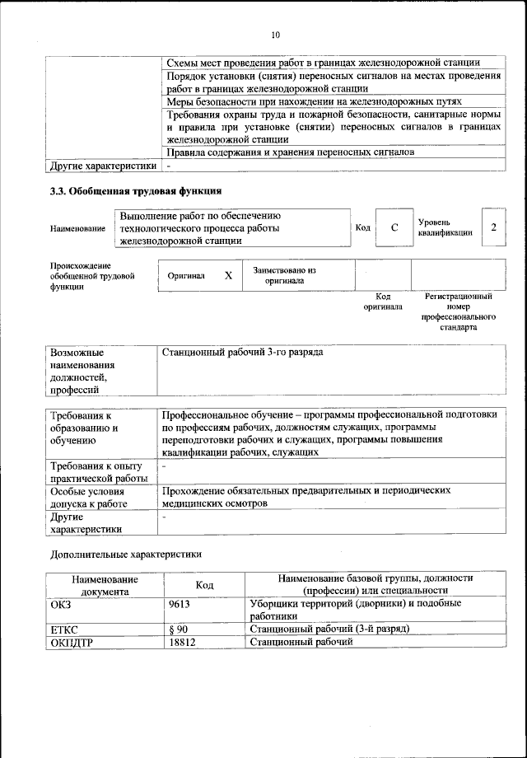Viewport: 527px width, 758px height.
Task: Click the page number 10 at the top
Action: [x=275, y=35]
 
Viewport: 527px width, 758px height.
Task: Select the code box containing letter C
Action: [x=394, y=227]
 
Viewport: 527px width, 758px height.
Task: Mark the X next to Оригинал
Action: [x=228, y=276]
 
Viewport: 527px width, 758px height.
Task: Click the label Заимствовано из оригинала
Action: [x=284, y=275]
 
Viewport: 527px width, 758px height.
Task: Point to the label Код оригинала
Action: [x=383, y=302]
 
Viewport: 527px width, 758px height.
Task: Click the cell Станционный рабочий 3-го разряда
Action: [x=243, y=353]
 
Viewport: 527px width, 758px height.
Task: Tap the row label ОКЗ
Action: [x=62, y=603]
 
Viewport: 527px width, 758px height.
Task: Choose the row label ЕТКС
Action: [x=65, y=629]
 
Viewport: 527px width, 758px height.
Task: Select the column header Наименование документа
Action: [x=104, y=584]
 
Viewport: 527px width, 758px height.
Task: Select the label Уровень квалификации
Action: [x=445, y=227]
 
